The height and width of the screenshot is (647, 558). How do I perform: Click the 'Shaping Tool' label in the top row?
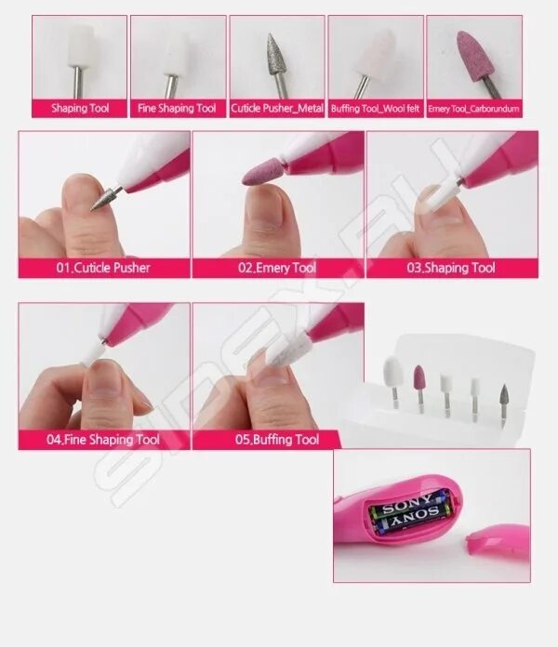[x=80, y=109]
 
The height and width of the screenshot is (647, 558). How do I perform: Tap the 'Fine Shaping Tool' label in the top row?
[x=177, y=109]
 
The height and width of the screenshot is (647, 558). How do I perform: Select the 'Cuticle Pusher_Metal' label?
[x=277, y=109]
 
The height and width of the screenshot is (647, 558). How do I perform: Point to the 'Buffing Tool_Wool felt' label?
[x=376, y=109]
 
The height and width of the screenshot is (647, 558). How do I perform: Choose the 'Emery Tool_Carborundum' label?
[x=473, y=109]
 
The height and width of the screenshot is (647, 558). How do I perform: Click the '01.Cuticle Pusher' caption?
[x=103, y=268]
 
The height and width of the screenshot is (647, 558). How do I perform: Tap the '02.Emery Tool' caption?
[x=277, y=268]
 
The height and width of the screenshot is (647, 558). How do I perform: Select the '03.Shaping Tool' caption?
[x=451, y=268]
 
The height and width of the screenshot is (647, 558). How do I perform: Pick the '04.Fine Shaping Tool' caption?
[x=103, y=440]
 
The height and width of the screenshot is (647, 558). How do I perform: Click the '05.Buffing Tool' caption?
[x=277, y=440]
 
